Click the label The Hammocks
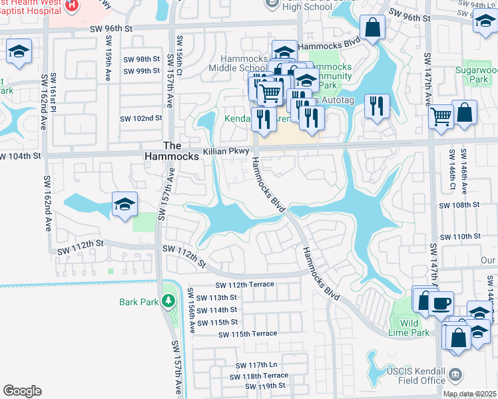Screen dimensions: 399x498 [x=172, y=151]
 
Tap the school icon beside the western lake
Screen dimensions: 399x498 [x=124, y=205]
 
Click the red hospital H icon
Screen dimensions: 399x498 [x=71, y=5]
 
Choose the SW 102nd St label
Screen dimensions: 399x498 [x=141, y=118]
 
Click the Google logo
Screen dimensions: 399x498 [x=22, y=390]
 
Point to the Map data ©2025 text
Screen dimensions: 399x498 [x=469, y=394]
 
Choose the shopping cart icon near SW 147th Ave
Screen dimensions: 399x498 [x=441, y=117]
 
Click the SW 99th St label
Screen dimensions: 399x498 [x=141, y=70]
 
